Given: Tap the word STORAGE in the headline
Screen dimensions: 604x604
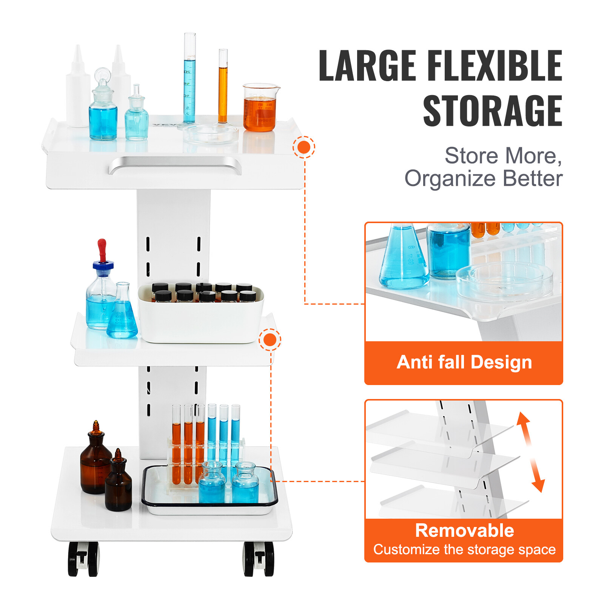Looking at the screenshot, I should (493, 111).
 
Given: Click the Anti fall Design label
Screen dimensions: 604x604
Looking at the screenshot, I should (464, 362).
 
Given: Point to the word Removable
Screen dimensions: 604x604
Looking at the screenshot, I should (464, 530).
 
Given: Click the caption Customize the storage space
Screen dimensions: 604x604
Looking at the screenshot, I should (464, 550).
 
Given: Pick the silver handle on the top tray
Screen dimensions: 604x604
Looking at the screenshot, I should (175, 165).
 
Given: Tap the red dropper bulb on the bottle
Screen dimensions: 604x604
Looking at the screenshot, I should (102, 249).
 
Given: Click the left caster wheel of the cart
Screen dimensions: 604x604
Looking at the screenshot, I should (83, 559).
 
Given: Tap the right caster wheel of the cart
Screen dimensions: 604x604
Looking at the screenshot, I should (259, 559).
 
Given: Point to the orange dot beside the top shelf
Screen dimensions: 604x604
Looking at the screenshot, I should (304, 147).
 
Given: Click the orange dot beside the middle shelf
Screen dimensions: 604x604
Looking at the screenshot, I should (270, 340).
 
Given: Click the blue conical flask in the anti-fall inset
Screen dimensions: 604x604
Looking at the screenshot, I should (403, 260).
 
